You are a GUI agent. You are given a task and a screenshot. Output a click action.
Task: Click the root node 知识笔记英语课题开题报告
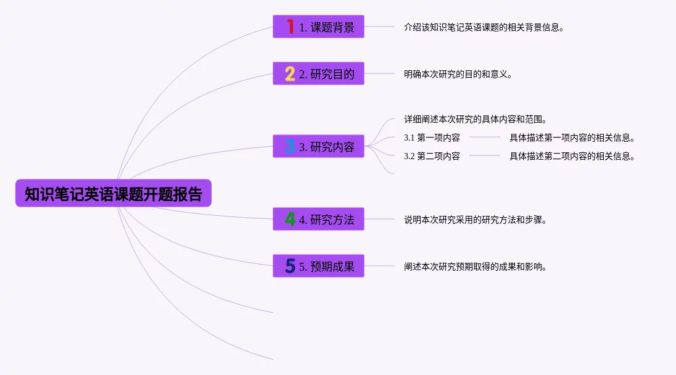[113, 194]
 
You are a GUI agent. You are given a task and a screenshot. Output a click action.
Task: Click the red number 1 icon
[290, 27]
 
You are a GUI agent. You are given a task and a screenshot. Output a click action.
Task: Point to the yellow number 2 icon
[290, 74]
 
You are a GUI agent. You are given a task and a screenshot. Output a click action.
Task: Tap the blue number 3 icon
[290, 147]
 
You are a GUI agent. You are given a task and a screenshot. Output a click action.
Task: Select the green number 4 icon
[290, 219]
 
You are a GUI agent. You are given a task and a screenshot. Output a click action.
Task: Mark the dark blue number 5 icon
[290, 266]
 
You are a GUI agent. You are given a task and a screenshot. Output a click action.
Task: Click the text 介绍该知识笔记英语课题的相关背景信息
[484, 27]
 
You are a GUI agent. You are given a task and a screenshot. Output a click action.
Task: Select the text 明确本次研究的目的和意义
[458, 74]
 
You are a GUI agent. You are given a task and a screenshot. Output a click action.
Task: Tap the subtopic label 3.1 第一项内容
[432, 138]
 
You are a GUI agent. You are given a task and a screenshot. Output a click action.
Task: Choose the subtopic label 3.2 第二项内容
[432, 156]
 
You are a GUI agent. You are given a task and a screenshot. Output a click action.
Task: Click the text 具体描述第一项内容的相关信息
[572, 138]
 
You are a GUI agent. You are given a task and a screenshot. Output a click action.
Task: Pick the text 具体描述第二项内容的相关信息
[572, 156]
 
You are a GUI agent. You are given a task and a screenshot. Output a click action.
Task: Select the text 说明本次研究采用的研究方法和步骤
[475, 219]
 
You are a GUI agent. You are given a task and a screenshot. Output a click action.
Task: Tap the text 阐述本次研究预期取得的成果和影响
[475, 266]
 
